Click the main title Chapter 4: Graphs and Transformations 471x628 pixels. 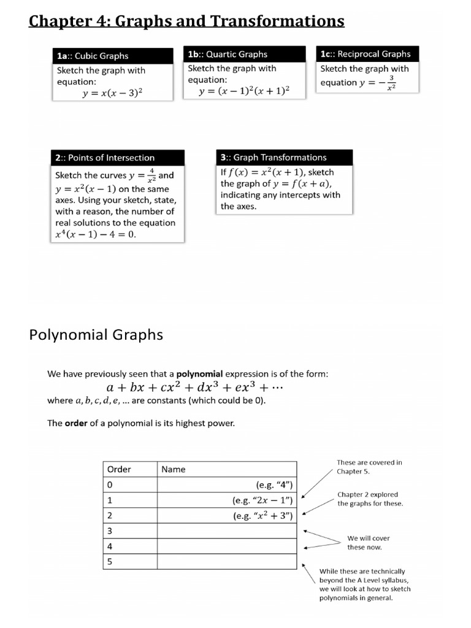186,21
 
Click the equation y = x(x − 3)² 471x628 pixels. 113,93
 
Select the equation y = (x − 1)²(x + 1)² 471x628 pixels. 244,91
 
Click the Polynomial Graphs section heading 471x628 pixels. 96,334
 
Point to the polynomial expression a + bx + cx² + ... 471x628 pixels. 194,388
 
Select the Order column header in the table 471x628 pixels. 119,469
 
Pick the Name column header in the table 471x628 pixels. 174,469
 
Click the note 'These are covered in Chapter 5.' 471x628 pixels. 369,467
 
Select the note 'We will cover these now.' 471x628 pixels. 369,543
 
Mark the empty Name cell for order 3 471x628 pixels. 228,530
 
